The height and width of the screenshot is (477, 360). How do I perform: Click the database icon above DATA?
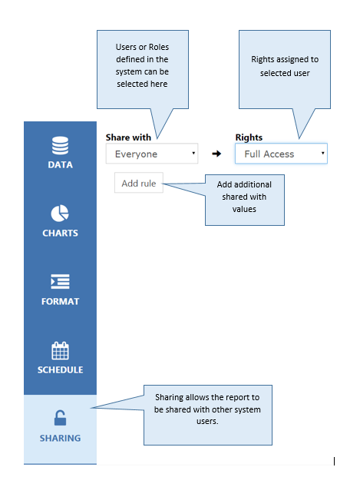pos(60,145)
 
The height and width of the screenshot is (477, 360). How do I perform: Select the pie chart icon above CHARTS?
pos(60,214)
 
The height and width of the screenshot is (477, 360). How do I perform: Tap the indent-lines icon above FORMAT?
pos(60,281)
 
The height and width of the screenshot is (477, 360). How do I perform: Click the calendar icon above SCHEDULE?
pos(60,350)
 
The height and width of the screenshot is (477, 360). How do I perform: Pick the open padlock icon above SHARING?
pos(60,418)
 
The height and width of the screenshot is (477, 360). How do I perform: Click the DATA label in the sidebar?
pos(60,165)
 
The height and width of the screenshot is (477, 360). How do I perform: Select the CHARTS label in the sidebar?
pos(60,233)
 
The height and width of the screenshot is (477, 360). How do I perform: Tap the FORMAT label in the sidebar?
pos(60,301)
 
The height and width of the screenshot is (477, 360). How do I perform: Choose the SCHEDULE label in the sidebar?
pos(60,370)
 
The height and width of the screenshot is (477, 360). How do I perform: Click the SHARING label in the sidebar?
pos(60,438)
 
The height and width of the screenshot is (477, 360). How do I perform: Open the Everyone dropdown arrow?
pos(193,153)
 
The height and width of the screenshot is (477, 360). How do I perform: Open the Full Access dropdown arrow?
pos(322,153)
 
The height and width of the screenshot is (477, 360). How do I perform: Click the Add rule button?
pos(139,183)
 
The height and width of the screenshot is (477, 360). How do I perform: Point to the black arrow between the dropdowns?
pos(216,154)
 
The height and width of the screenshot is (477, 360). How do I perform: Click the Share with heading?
pos(128,137)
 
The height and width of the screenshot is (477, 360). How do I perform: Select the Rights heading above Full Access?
pos(249,137)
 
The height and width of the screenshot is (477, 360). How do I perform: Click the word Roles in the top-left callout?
pos(159,47)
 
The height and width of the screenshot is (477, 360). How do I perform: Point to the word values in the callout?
pos(244,209)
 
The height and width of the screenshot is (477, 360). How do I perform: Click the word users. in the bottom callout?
pos(207,422)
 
